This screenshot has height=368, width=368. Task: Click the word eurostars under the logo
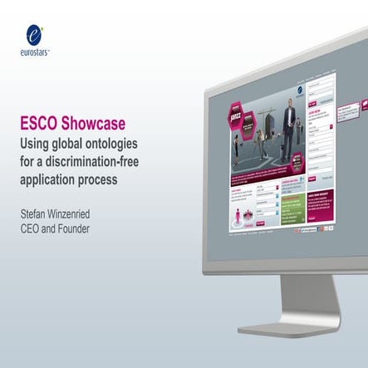point(32,52)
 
